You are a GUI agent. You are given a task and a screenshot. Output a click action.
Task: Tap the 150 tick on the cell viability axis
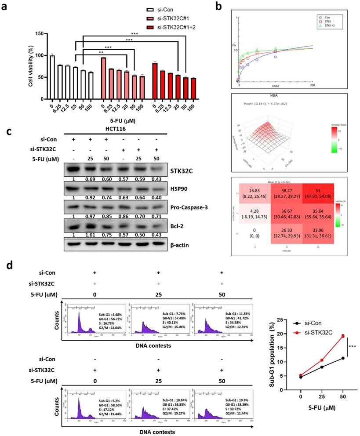(x=41, y=34)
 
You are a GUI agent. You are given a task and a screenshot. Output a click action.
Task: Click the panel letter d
(x=7, y=265)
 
